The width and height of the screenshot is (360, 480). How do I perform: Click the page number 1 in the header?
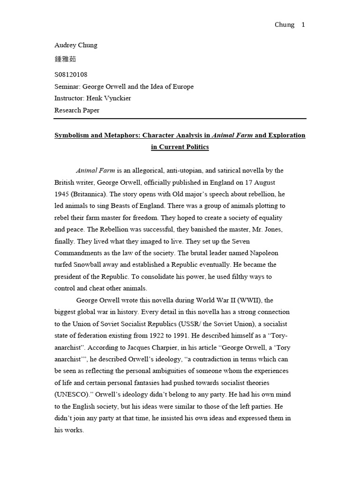coord(303,25)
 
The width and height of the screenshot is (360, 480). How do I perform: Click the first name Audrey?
coord(66,45)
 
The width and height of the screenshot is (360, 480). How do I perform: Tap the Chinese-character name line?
coord(65,59)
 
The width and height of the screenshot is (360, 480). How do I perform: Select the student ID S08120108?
coord(71,75)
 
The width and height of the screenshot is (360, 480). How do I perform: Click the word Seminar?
coord(67,87)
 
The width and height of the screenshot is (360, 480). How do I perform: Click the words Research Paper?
coord(77,111)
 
